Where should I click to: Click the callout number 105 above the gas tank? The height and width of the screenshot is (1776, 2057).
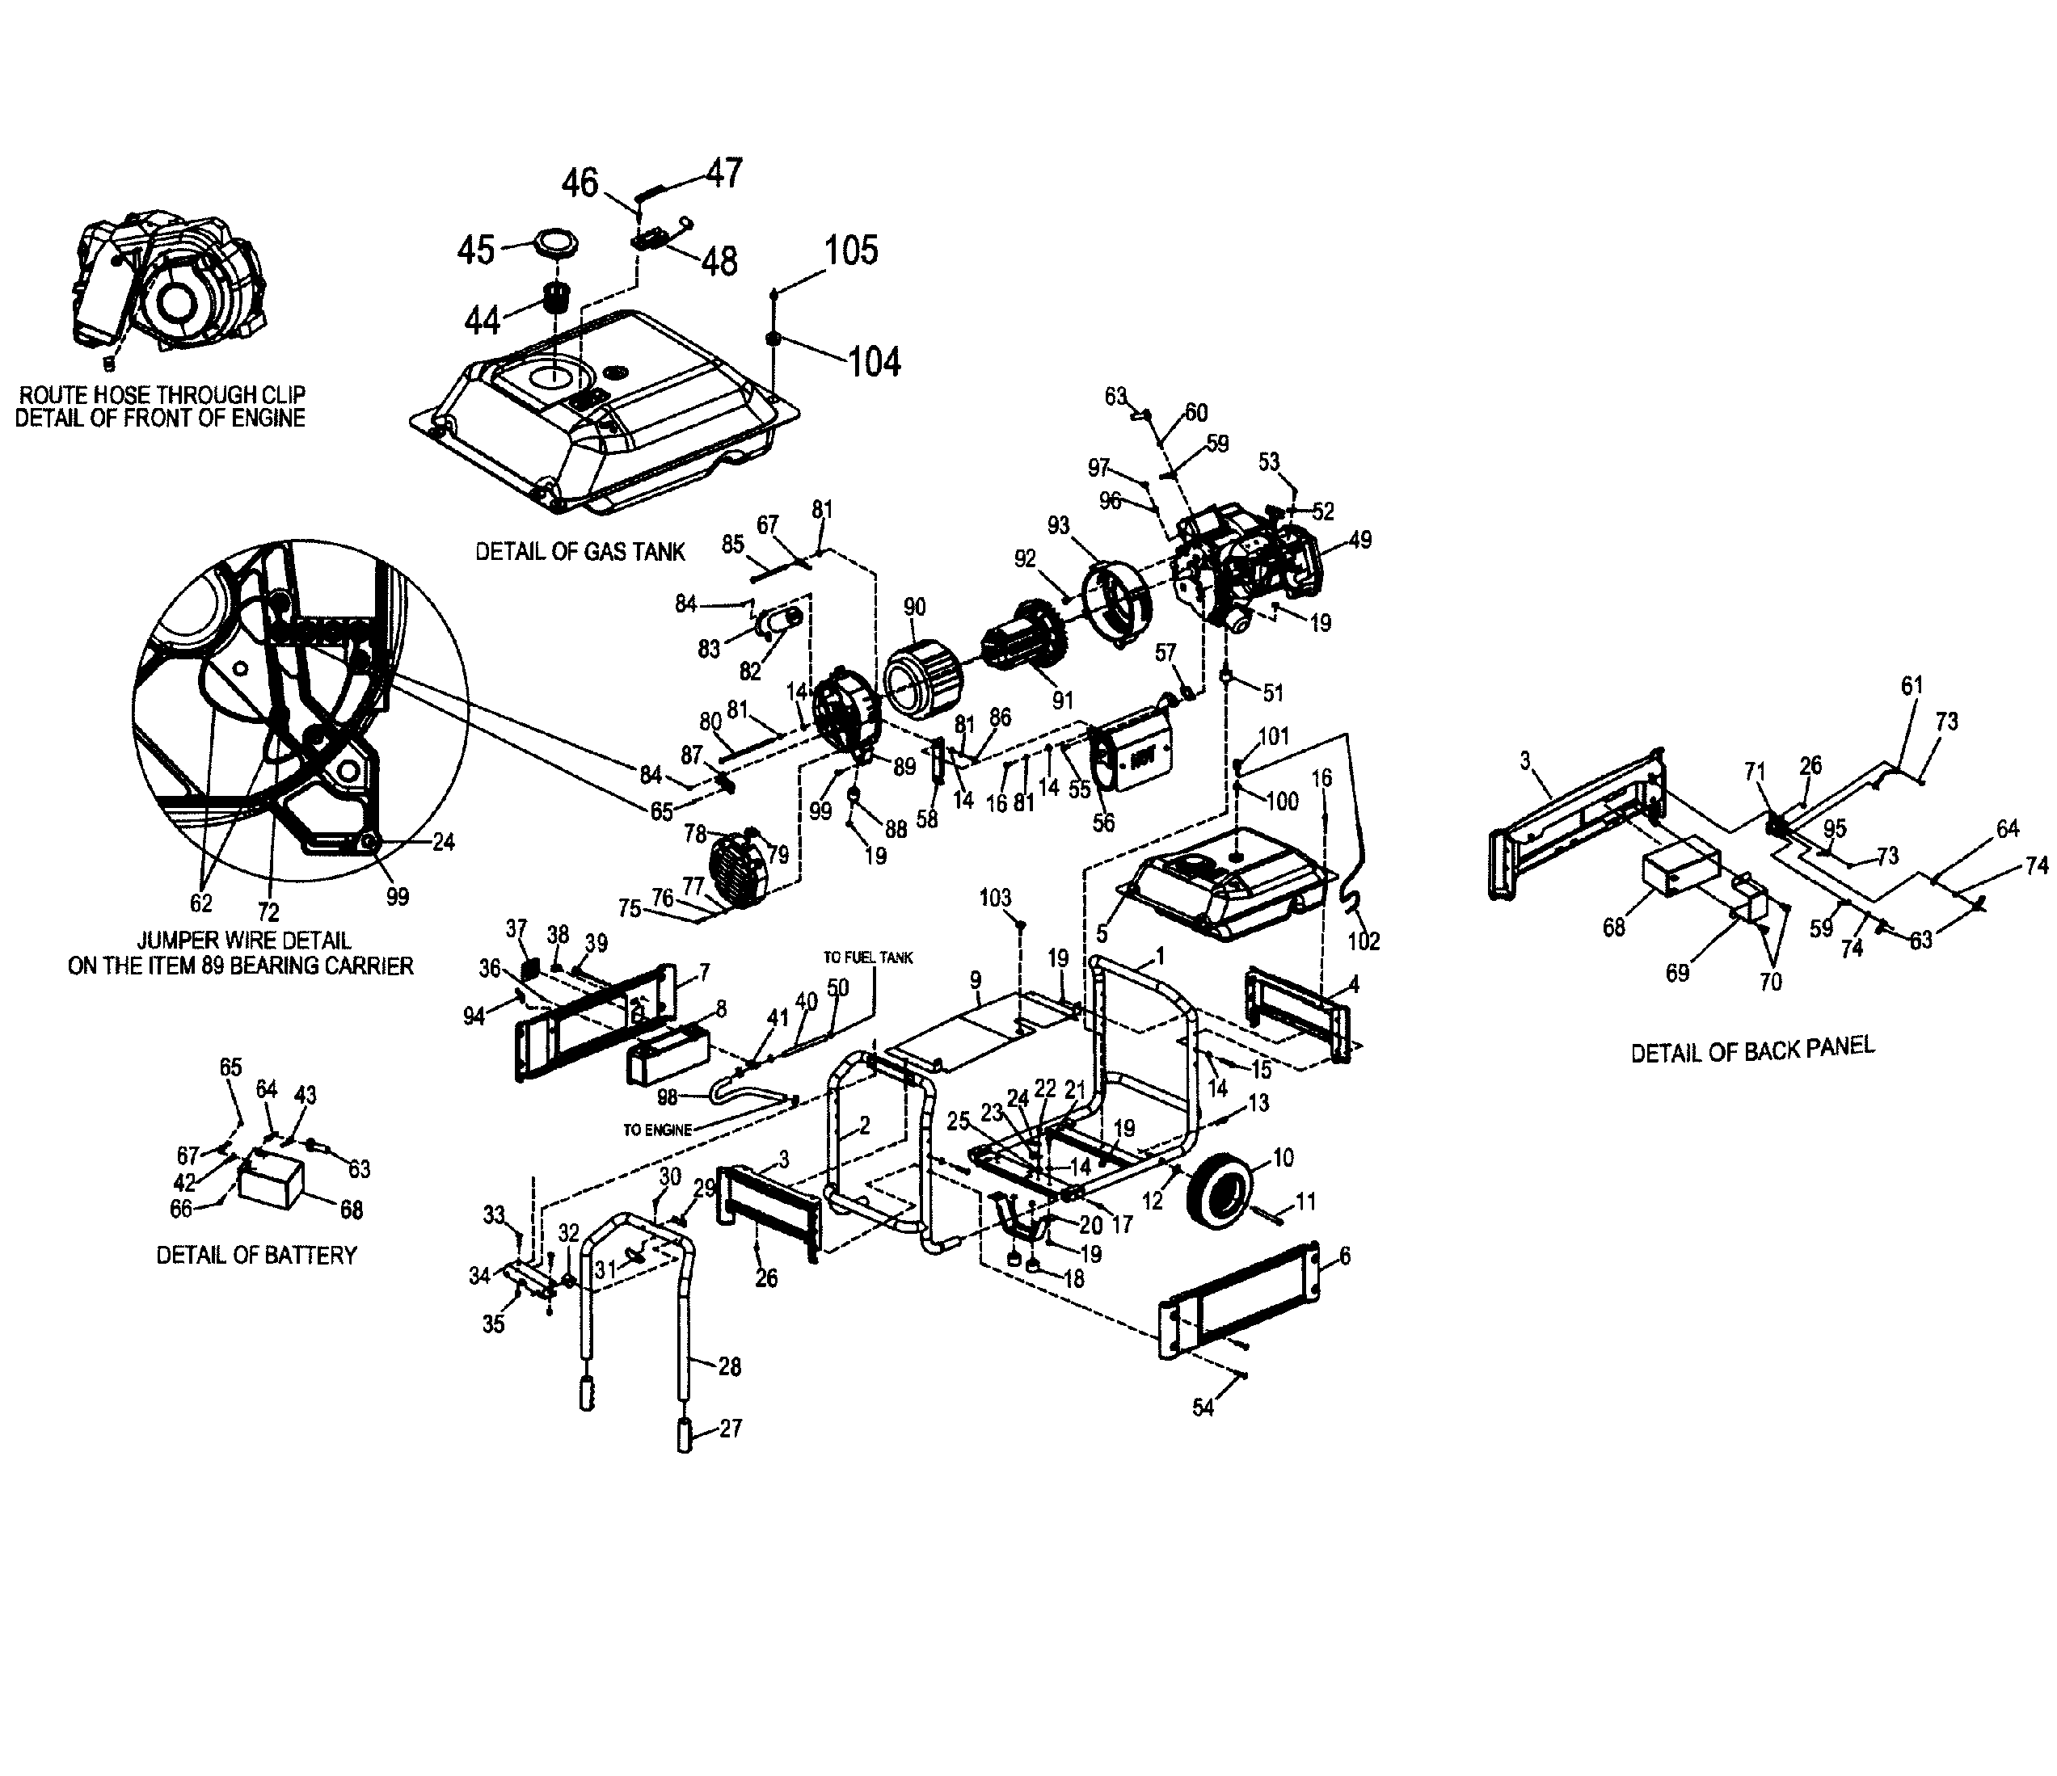coord(851,250)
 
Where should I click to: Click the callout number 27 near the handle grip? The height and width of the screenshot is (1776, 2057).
coord(731,1429)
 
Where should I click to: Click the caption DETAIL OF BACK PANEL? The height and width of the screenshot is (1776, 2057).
coord(1752,1048)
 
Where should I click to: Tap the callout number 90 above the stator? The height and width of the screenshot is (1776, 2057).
coord(914,608)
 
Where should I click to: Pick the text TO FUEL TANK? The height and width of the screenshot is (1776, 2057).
coord(868,958)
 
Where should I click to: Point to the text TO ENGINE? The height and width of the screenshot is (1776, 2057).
coord(657,1130)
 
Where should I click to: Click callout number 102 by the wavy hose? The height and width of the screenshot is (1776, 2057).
coord(1364,941)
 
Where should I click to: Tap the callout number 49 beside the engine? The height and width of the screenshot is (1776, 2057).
coord(1359,540)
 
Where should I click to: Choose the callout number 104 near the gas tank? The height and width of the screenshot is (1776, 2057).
coord(874,362)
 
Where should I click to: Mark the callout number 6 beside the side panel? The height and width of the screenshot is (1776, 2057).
coord(1344,1256)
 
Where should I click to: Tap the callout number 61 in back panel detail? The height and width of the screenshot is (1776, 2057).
coord(1912,685)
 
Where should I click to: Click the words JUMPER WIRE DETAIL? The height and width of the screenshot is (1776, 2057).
coord(243,939)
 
